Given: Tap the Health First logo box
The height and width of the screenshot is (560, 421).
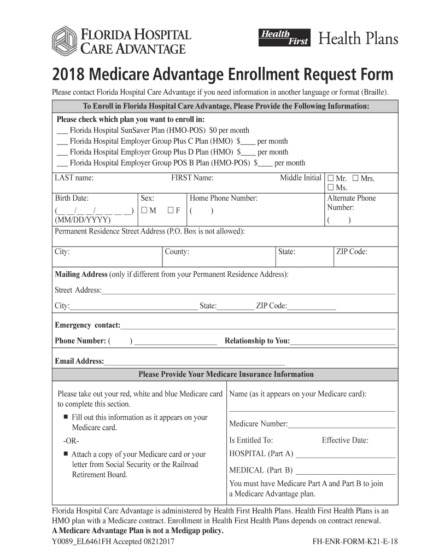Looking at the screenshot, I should pos(284,37).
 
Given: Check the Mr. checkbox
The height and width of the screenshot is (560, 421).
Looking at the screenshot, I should pos(330,178).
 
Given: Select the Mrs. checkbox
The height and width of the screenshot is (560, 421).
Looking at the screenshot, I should pos(355,178).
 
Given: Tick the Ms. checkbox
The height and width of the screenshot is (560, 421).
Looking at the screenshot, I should pos(330,188).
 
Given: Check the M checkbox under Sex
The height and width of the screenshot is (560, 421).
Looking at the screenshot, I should pos(144,211).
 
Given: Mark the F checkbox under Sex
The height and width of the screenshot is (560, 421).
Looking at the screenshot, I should pos(171,211).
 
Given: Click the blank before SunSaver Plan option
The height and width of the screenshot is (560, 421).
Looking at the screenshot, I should pos(62,131).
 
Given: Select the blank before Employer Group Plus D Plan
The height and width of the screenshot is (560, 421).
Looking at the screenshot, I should pos(62,153).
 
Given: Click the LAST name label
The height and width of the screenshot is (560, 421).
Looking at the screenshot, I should pos(74,178).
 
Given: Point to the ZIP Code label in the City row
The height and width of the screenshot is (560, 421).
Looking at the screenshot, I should pos(352,252).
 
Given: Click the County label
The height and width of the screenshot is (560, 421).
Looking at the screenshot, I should pos(177,252).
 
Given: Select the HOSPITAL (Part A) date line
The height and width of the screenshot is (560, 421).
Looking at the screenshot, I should pos(345,455).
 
